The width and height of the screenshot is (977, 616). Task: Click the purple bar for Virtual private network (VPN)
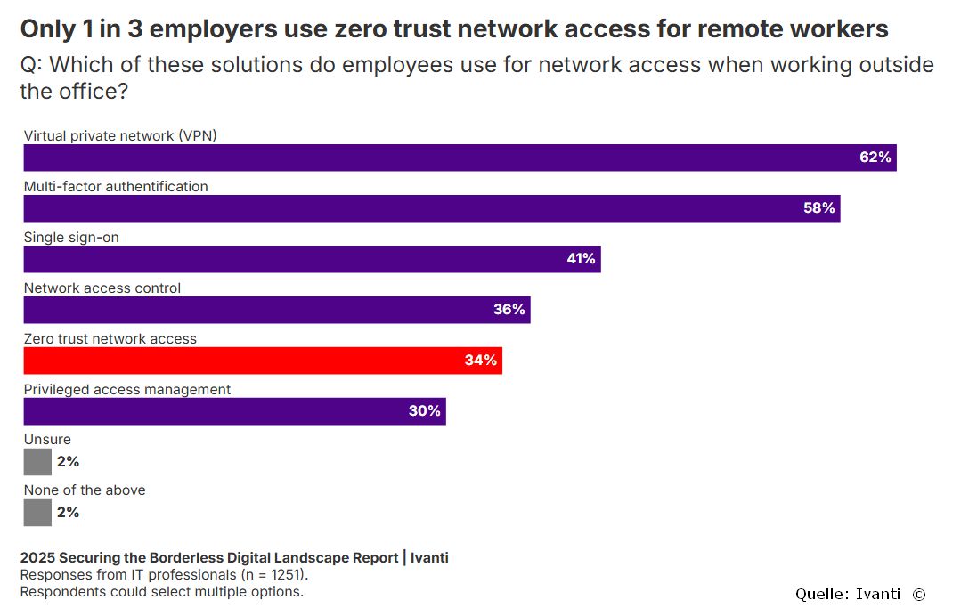[x=445, y=158]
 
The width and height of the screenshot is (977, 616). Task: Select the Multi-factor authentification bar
[x=427, y=208]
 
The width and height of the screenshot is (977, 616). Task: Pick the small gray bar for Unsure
[x=37, y=462]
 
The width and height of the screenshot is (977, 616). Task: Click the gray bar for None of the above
[x=37, y=513]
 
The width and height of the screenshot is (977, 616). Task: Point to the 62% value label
[x=875, y=158]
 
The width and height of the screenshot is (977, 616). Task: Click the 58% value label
[x=818, y=208]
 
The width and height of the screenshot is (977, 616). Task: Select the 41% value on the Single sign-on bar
[x=581, y=259]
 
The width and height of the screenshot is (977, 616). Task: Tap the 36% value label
[x=509, y=310]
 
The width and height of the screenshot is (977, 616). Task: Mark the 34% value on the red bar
[x=481, y=361]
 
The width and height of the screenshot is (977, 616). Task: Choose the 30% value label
[x=425, y=411]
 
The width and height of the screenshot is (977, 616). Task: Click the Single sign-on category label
[x=70, y=238]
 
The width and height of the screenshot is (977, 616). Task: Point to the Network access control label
[x=102, y=288]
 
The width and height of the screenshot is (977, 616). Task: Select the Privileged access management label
[x=127, y=390]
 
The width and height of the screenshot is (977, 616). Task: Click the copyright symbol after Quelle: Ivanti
[x=918, y=594]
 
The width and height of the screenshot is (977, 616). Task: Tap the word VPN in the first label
[x=197, y=136]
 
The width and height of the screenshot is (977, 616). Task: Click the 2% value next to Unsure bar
[x=68, y=462]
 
